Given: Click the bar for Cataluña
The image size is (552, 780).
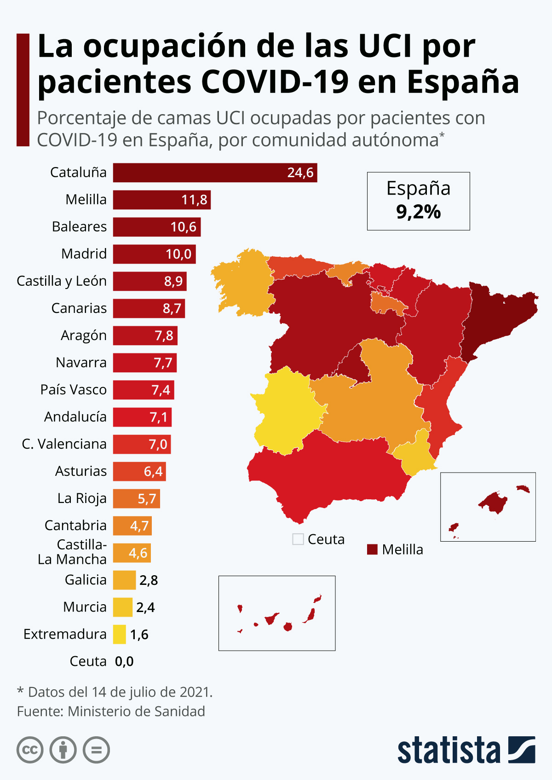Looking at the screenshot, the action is tap(215, 173).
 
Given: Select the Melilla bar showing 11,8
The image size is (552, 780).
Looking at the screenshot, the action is tap(162, 200).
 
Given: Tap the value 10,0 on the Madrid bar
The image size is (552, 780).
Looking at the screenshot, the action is tap(178, 254).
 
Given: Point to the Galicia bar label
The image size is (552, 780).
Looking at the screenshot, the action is tap(86, 580).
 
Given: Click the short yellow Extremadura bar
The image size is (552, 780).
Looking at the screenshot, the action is tap(120, 634).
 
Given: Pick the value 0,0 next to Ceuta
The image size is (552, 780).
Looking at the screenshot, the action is tap(124, 661).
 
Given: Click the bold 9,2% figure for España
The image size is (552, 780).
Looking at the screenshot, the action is tap(418, 212).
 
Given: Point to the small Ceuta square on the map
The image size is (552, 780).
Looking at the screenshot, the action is tap(298, 539).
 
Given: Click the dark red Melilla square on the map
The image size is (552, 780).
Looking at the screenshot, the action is tap(373, 549).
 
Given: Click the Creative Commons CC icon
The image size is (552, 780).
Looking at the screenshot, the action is tap(30, 750).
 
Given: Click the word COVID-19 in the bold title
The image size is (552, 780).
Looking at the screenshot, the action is tap(275, 82).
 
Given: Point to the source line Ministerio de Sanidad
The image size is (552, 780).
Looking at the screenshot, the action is tap(136, 711).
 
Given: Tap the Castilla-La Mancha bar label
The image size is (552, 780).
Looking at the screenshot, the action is tap(72, 552).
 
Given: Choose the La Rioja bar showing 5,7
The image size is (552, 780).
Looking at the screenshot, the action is tap(137, 499).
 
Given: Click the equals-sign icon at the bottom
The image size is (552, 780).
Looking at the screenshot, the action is tap(97, 750).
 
